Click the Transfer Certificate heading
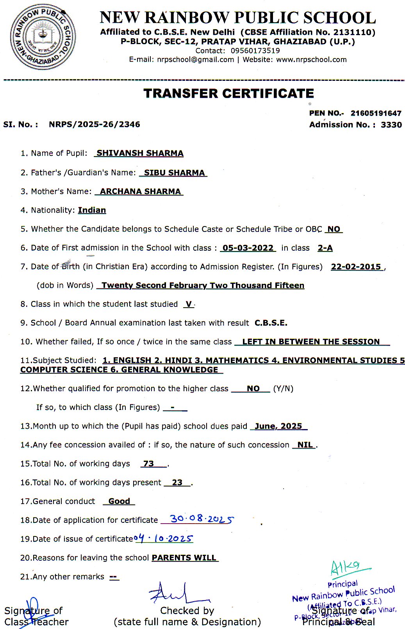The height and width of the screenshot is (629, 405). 228,93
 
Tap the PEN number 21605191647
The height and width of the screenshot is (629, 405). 376,113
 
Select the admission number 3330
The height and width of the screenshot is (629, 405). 391,125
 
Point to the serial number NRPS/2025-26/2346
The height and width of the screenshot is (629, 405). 94,124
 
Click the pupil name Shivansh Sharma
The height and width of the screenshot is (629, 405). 140,153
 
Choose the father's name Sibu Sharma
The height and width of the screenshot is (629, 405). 174,173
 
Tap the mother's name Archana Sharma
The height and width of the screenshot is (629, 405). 140,191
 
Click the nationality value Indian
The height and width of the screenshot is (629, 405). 92,210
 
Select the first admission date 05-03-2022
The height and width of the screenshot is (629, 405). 248,248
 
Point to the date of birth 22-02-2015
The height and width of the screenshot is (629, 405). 356,267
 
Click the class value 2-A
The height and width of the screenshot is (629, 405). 325,248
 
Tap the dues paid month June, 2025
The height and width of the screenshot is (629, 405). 278,426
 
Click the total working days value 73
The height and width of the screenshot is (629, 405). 148,463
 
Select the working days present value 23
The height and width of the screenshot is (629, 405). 177,482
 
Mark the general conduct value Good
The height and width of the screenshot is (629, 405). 119,501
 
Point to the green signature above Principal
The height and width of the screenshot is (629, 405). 346,567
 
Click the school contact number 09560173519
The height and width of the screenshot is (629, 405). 255,50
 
